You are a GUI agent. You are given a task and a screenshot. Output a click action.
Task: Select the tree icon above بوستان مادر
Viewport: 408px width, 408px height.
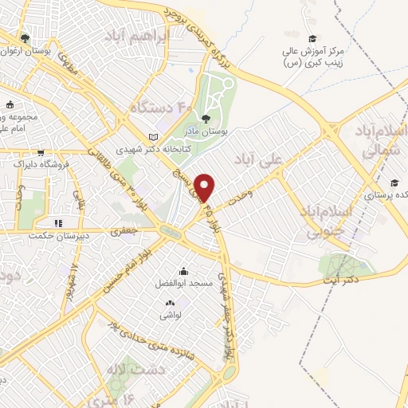[x=206, y=118]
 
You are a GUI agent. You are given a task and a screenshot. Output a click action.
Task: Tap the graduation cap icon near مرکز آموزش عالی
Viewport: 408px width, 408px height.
[x=313, y=38]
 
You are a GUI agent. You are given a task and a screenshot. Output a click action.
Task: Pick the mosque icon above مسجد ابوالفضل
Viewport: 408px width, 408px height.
[x=185, y=271]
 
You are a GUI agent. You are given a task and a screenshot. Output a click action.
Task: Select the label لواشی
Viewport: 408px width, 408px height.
[x=170, y=316]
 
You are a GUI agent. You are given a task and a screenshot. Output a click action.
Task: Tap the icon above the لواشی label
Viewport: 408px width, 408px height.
[x=170, y=304]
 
